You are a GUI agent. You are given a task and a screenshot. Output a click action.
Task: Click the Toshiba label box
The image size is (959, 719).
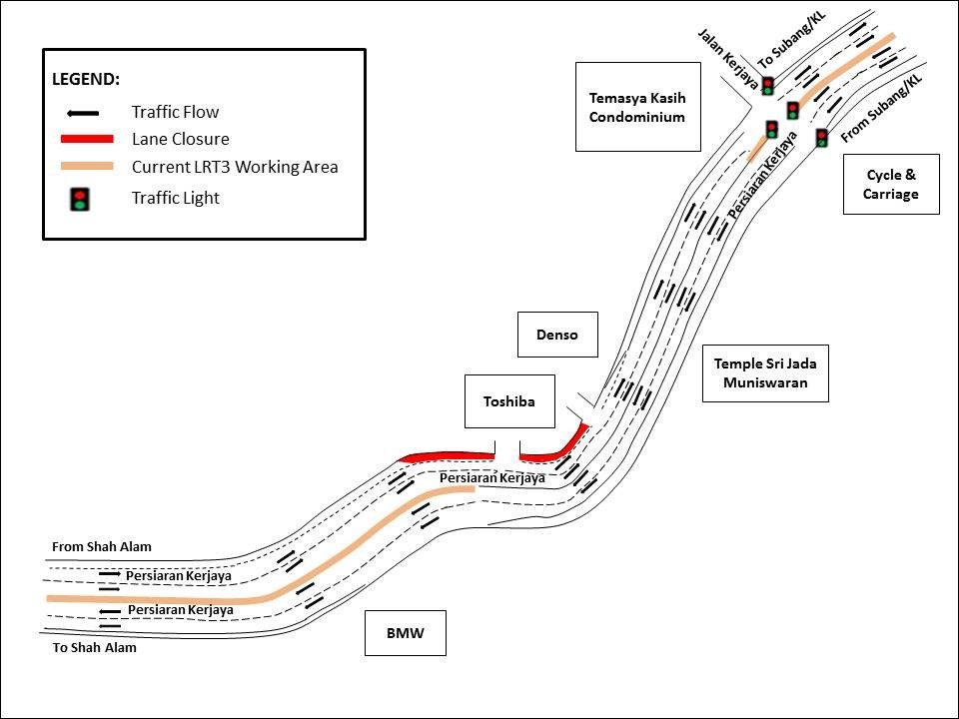(x=508, y=401)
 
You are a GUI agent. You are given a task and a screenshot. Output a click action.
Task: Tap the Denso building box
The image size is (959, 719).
(x=556, y=335)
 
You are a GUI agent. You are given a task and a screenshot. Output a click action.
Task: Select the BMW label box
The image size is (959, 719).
(x=405, y=632)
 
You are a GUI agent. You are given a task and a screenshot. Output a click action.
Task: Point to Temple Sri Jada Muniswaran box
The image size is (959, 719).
(x=765, y=372)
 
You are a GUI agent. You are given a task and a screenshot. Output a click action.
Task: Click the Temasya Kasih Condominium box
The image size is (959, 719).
(x=637, y=107)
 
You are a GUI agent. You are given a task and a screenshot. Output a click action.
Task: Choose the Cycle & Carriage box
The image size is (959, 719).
(x=890, y=184)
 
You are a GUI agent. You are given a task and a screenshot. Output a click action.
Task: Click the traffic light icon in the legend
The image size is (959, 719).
(x=81, y=198)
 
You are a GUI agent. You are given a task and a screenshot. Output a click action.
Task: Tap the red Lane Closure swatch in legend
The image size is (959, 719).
(x=89, y=140)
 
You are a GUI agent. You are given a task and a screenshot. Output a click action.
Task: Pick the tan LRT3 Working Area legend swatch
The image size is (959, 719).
(x=89, y=167)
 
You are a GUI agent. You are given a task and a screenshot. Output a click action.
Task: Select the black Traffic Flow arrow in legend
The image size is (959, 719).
(x=89, y=112)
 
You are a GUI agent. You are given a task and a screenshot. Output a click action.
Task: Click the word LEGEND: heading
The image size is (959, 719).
(x=86, y=78)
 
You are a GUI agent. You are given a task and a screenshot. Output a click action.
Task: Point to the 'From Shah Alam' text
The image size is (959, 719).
(x=102, y=547)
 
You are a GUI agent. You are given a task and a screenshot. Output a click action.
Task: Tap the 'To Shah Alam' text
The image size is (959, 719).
(x=94, y=647)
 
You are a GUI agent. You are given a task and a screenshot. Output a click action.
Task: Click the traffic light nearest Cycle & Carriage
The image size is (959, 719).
(x=821, y=138)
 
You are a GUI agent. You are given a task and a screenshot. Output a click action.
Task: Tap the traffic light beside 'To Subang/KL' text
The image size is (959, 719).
(x=767, y=86)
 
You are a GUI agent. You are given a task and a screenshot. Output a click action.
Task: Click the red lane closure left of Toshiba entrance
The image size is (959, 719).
(x=447, y=456)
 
